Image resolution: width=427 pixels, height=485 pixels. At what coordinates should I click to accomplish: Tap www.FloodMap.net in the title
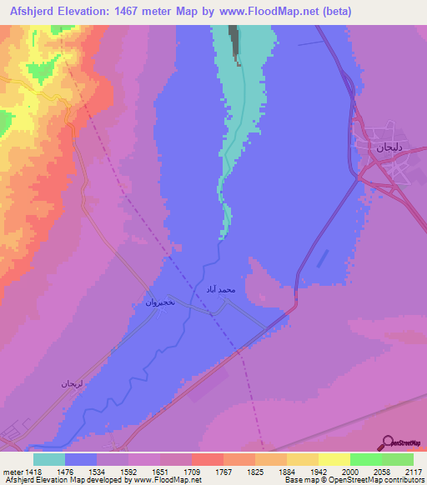click(268, 12)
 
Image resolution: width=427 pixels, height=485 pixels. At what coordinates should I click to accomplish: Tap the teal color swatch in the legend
click(49, 459)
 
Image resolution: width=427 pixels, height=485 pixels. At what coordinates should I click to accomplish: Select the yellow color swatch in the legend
click(334, 459)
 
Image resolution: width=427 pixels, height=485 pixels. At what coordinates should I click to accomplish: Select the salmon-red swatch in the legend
click(207, 459)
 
